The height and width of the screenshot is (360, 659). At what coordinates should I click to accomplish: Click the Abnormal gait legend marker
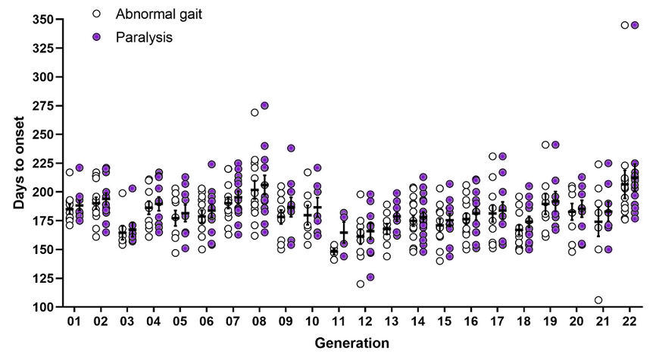pyautogui.click(x=95, y=14)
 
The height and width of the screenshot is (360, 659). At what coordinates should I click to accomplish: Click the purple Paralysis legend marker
pyautogui.click(x=95, y=37)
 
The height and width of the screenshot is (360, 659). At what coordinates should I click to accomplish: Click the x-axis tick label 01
pyautogui.click(x=74, y=323)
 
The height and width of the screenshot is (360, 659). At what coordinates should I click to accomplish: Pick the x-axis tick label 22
pyautogui.click(x=629, y=323)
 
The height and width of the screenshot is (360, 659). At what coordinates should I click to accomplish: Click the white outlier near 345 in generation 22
pyautogui.click(x=624, y=25)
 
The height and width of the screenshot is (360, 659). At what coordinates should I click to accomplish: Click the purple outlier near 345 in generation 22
pyautogui.click(x=635, y=25)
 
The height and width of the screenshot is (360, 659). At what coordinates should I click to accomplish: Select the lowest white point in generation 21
pyautogui.click(x=598, y=300)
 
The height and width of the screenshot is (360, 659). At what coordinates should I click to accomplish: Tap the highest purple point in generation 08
pyautogui.click(x=264, y=105)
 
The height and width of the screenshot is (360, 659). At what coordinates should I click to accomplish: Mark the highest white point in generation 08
pyautogui.click(x=255, y=112)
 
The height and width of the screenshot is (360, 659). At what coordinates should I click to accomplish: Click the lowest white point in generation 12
pyautogui.click(x=361, y=284)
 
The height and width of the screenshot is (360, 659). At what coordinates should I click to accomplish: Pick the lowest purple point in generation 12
pyautogui.click(x=370, y=277)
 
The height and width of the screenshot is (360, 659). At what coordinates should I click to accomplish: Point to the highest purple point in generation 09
pyautogui.click(x=291, y=148)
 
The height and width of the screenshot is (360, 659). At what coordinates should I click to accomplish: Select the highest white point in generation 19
pyautogui.click(x=545, y=145)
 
